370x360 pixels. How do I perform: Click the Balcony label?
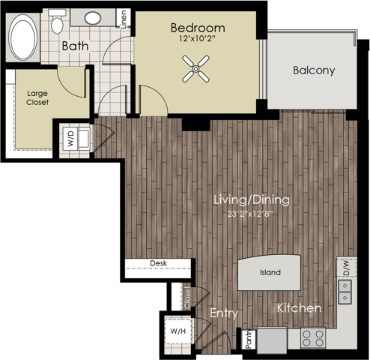[313, 70]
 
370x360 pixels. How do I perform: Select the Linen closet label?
[124, 19]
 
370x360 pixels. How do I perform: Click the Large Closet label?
[37, 97]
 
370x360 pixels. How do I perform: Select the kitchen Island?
[270, 272]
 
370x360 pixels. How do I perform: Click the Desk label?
[157, 263]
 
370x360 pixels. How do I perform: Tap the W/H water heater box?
[178, 331]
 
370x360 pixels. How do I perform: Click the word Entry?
[223, 313]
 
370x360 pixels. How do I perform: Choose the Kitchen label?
[300, 308]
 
